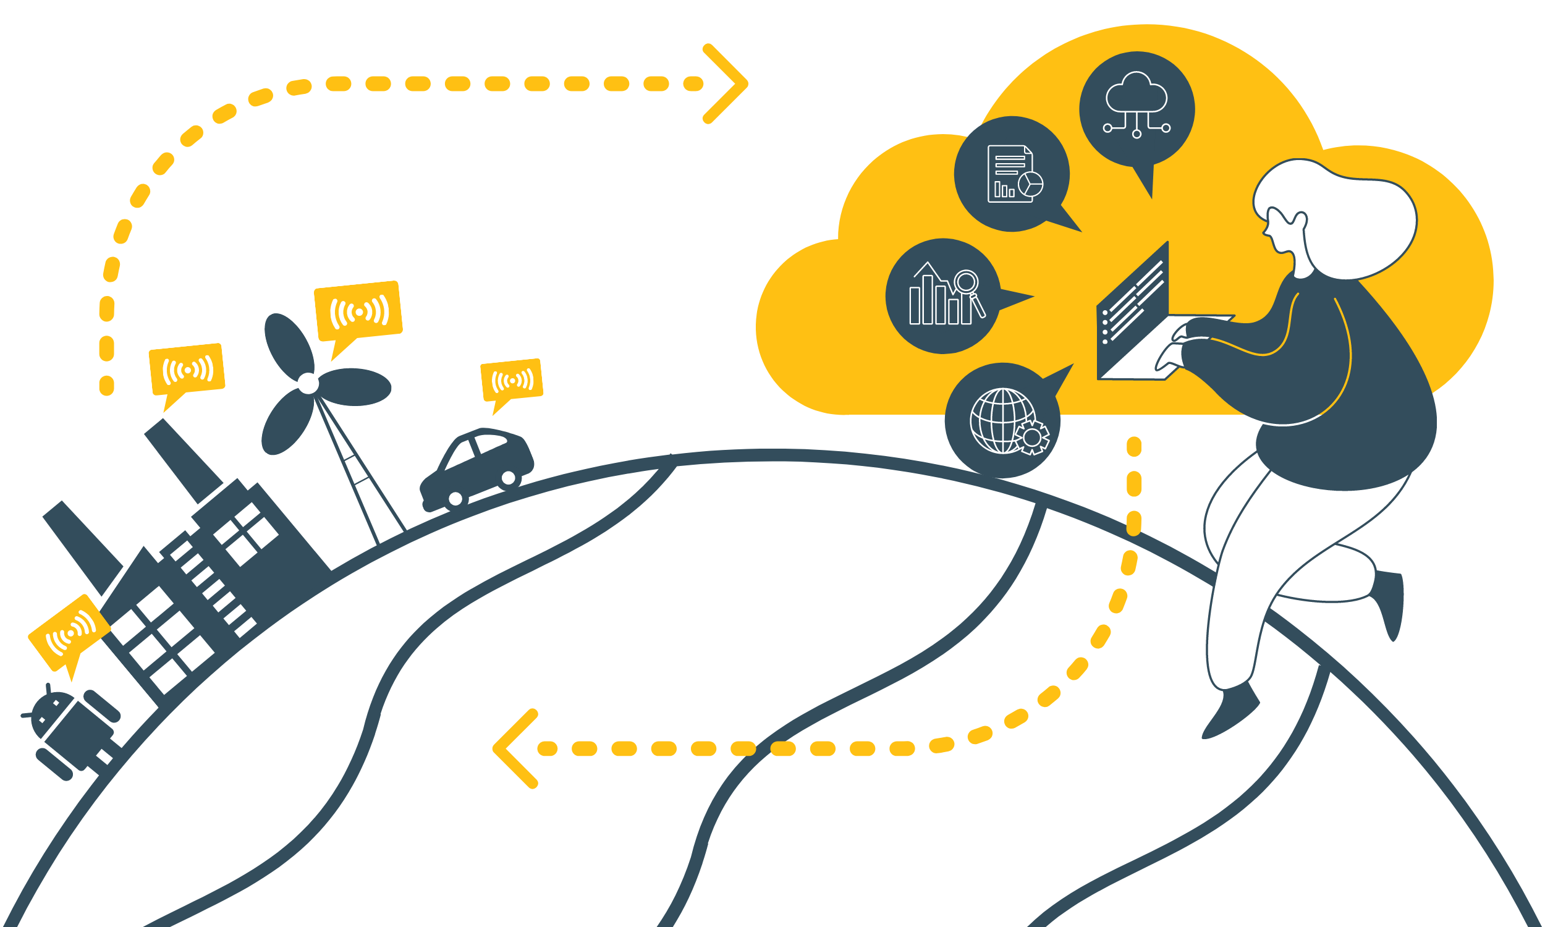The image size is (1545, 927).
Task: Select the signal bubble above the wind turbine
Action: tap(358, 311)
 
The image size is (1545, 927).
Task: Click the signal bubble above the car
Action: tap(512, 380)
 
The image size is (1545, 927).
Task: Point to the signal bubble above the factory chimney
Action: tap(187, 369)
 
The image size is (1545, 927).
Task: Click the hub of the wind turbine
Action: tap(308, 384)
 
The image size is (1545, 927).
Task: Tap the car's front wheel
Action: tap(509, 478)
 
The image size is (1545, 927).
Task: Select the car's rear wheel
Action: tap(455, 499)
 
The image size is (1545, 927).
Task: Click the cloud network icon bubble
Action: tap(1137, 109)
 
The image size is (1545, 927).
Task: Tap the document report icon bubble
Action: tap(1012, 174)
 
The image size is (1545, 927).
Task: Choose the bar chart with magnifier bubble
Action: tap(943, 296)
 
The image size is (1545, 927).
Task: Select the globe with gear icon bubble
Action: tap(1002, 420)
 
